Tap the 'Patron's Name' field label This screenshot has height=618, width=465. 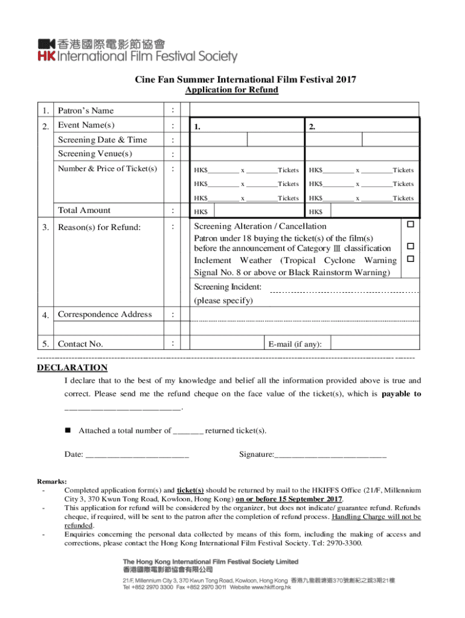coord(85,110)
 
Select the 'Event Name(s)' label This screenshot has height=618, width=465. coord(86,125)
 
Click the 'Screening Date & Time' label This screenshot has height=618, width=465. coord(102,139)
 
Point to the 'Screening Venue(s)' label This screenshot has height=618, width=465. coord(95,154)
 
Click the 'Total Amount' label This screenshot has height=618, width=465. coord(84,210)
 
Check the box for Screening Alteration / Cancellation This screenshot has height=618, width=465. coord(409,225)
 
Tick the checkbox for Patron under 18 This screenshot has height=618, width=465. coord(409,246)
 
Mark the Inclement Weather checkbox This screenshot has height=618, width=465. coord(409,259)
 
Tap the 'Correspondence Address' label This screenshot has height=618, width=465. coord(104,314)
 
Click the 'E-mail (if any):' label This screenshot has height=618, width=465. coord(295,344)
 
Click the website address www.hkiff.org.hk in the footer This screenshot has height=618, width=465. coord(268,587)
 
